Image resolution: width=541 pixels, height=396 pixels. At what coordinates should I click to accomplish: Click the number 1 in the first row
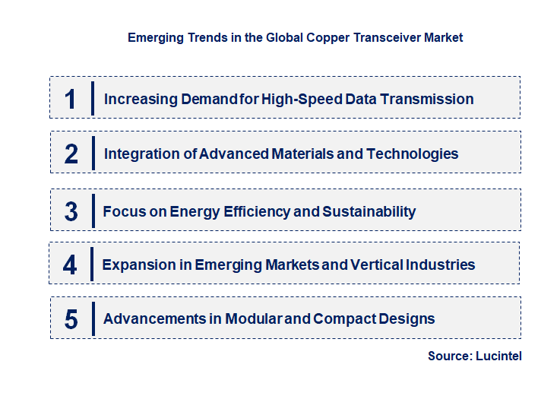pyautogui.click(x=71, y=99)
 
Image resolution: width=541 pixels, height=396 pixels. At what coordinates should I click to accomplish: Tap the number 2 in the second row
pyautogui.click(x=71, y=154)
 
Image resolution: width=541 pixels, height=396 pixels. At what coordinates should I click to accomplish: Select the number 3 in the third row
pyautogui.click(x=71, y=211)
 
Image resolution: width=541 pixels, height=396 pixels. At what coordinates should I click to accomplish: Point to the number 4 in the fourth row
pyautogui.click(x=71, y=265)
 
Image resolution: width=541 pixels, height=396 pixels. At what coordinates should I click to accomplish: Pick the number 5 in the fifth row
pyautogui.click(x=71, y=318)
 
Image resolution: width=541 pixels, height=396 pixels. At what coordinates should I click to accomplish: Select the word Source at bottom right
pyautogui.click(x=449, y=356)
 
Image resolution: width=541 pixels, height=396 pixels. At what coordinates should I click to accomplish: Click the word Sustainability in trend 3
pyautogui.click(x=369, y=211)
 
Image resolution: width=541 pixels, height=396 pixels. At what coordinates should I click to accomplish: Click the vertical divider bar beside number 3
pyautogui.click(x=93, y=210)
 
